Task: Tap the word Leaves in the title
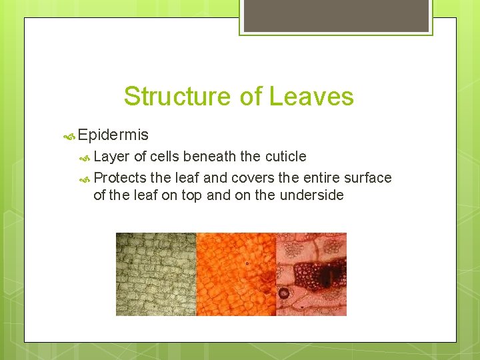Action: click(311, 97)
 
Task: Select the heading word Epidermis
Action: click(113, 135)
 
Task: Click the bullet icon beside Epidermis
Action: click(68, 136)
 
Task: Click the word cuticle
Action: click(284, 157)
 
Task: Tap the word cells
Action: click(165, 157)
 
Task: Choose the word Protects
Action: click(120, 178)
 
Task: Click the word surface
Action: click(367, 178)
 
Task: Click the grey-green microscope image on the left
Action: click(156, 274)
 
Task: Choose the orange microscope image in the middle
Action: click(235, 274)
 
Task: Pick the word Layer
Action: click(112, 157)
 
